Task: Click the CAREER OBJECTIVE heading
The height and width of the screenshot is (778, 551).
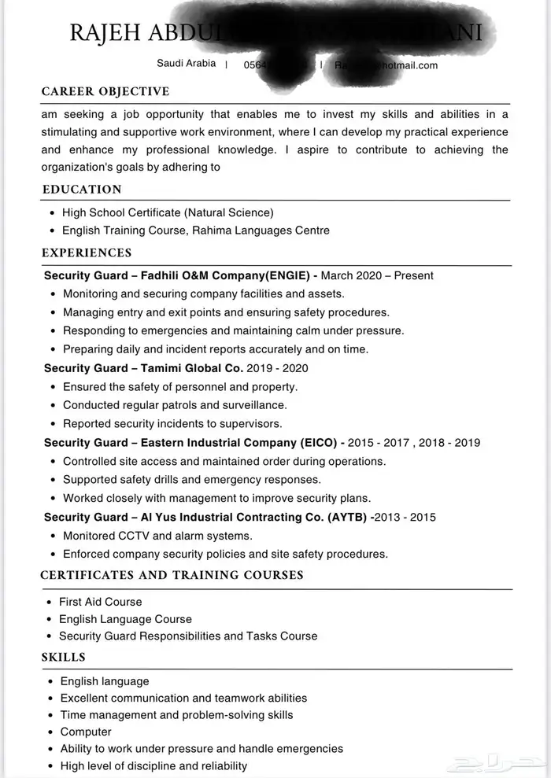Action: [105, 92]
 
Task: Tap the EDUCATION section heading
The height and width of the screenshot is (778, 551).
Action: [82, 190]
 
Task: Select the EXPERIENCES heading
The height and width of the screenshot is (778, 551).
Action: [87, 253]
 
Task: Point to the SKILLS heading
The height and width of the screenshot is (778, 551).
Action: [64, 657]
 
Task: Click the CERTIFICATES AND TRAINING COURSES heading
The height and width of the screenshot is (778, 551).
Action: [172, 575]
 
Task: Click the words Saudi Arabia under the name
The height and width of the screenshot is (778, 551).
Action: [187, 64]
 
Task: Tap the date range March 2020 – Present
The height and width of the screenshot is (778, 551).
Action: [377, 276]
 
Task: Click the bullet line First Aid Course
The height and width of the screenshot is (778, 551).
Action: [101, 602]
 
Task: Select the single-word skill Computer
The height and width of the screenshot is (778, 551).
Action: [86, 732]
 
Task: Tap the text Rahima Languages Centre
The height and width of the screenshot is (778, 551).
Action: [265, 230]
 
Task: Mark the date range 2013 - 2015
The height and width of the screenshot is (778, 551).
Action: [406, 518]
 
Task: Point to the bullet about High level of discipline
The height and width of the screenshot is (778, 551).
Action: [153, 765]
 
